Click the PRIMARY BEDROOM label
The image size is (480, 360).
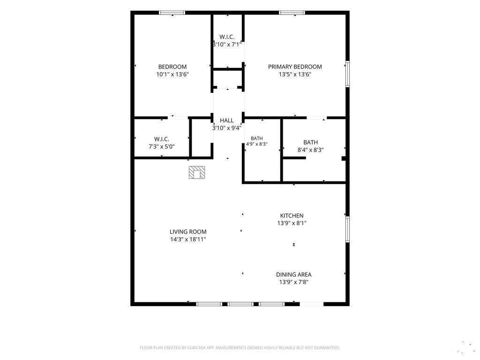click(295, 67)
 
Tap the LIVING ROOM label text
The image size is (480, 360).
click(188, 232)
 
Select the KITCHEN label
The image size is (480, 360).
click(292, 216)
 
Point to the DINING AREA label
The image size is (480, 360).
click(293, 275)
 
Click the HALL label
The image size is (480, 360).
click(227, 120)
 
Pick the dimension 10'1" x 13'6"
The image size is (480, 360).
click(172, 75)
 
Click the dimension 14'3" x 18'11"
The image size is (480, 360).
click(188, 240)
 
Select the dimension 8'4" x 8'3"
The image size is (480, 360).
click(310, 150)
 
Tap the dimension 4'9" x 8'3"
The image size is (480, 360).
click(257, 144)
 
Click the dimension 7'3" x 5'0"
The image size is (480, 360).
click(162, 147)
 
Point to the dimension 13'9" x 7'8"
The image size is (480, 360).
click(293, 282)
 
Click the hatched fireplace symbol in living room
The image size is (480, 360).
click(196, 172)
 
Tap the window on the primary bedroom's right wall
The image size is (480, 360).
click(347, 74)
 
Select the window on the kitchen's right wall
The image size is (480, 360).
click(347, 229)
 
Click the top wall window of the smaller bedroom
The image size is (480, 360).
click(172, 13)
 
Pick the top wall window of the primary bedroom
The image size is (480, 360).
click(292, 13)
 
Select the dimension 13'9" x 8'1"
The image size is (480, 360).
click(292, 223)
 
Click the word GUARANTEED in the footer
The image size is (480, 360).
click(328, 348)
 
